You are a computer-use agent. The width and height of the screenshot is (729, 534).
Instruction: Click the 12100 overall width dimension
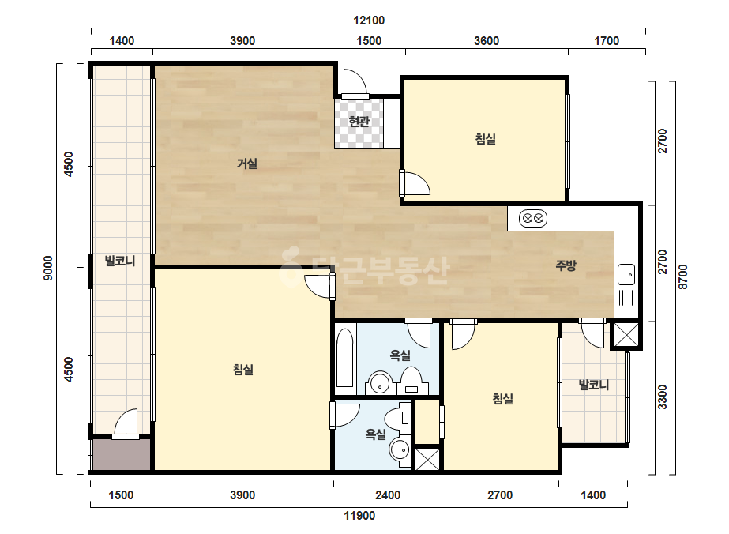point(369,21)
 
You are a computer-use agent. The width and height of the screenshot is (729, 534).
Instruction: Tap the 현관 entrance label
point(359,122)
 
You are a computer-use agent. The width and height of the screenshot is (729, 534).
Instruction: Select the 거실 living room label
point(247,164)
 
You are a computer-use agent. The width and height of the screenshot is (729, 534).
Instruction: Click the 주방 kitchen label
point(566,265)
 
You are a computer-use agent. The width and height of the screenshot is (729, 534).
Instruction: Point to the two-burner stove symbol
point(533,218)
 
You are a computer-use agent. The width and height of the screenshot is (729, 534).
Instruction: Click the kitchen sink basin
point(626,274)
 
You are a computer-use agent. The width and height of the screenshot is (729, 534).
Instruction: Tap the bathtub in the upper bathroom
point(344,357)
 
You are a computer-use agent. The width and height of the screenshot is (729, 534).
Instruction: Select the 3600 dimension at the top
point(487,41)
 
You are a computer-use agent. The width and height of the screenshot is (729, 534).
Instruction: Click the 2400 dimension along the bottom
point(388,495)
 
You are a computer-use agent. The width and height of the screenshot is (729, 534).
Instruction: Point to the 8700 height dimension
point(682,276)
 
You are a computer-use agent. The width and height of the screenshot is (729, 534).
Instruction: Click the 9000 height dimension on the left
point(48,269)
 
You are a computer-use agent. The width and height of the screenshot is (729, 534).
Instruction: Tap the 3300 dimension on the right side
point(662,397)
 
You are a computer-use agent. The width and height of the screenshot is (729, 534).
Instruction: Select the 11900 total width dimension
point(359,515)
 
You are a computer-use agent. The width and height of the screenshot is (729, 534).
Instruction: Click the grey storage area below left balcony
point(122,454)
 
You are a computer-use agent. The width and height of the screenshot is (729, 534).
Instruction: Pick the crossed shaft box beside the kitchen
point(626,334)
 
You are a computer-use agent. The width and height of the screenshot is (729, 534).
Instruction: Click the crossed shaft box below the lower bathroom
point(427,459)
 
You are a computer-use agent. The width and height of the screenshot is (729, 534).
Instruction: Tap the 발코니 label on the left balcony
point(120,261)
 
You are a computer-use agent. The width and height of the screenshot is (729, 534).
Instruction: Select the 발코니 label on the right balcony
point(593,385)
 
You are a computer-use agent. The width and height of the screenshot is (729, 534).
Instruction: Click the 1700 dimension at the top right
point(607,41)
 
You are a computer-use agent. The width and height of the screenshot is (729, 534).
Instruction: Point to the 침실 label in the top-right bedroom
point(486,138)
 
